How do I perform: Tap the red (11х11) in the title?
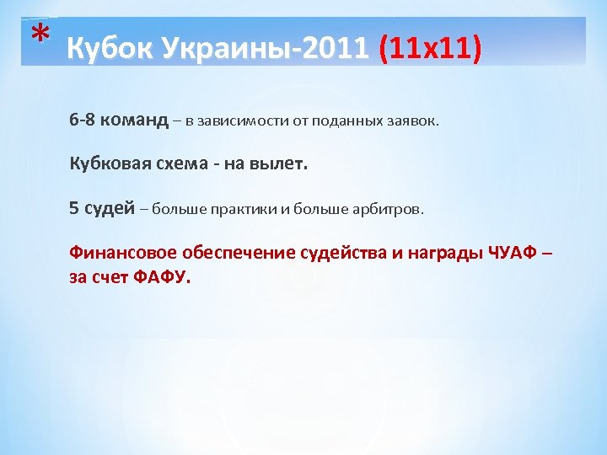[x=431, y=48]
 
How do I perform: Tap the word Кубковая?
[x=104, y=164]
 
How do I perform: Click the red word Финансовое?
[x=115, y=253]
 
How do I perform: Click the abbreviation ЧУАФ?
[x=509, y=253]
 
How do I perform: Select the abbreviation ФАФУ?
[x=162, y=276]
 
